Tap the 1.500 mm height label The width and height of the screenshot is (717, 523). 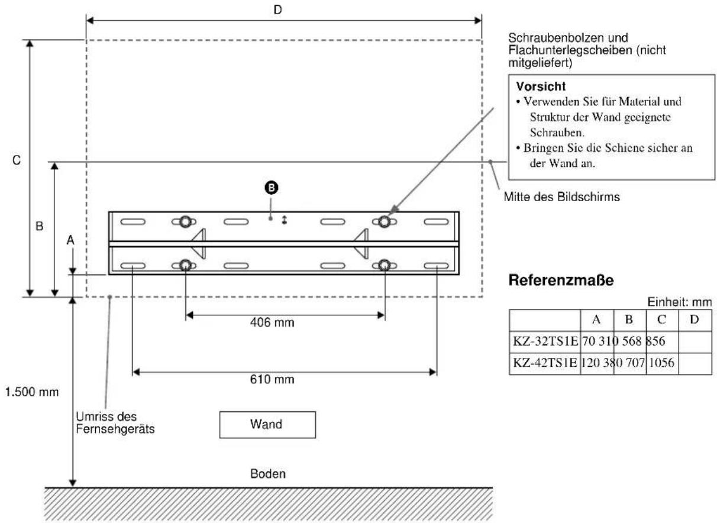pos(30,392)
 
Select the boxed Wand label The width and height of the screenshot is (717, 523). pos(267,424)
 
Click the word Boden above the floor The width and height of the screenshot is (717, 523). pos(268,473)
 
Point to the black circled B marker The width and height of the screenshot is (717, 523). pos(271,188)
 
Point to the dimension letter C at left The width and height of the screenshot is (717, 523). pos(17,160)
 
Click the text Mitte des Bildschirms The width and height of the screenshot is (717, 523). pos(560,198)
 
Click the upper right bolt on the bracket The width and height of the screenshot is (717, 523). pos(385,221)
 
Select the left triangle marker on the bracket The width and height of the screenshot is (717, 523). pos(198,243)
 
